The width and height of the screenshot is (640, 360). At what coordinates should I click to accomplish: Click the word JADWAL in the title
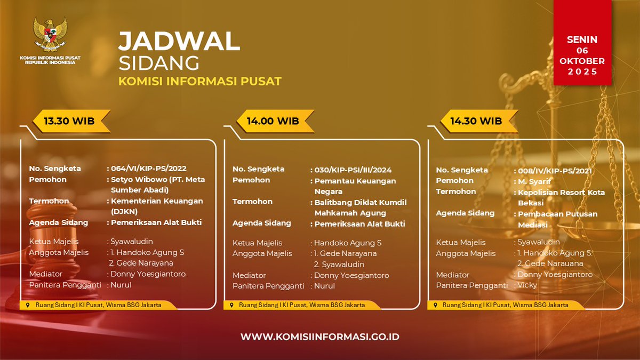[x=179, y=42]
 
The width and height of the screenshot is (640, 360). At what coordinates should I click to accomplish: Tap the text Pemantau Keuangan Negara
[x=355, y=186]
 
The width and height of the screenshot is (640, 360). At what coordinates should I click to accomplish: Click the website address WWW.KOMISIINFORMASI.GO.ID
[x=320, y=337]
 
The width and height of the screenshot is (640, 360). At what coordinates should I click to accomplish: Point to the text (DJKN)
[x=124, y=211]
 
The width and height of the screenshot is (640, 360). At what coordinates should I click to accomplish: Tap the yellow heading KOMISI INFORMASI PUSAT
[x=199, y=82]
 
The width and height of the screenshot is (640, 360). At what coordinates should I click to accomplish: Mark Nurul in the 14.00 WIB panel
[x=324, y=286]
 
